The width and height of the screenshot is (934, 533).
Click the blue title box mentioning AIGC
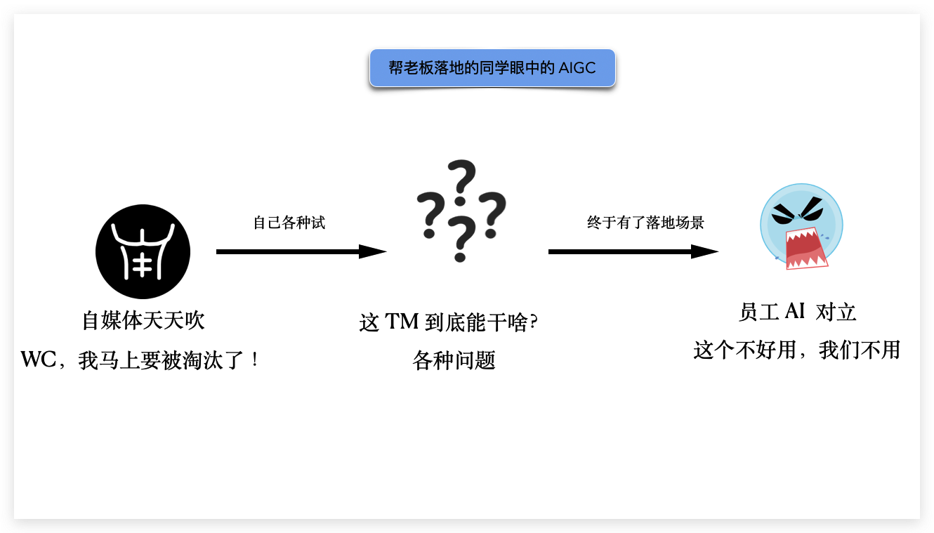[x=492, y=68]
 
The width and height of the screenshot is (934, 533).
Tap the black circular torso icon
[x=143, y=251]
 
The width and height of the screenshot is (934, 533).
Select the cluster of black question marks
[x=461, y=210]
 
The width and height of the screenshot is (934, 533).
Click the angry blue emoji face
[x=801, y=225]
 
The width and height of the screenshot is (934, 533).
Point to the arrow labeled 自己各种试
[x=301, y=251]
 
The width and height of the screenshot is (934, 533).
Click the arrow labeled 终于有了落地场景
[x=633, y=251]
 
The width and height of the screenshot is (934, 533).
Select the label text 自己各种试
[x=289, y=223]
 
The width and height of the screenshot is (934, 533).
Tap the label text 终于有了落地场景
[x=645, y=223]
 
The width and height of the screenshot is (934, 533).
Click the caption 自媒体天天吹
[x=143, y=321]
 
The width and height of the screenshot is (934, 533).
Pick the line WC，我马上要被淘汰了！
[x=141, y=361]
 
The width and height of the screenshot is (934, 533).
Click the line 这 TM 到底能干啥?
[x=448, y=322]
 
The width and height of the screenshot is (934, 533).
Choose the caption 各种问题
[x=454, y=361]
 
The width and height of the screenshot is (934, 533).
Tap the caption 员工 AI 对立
[x=798, y=312]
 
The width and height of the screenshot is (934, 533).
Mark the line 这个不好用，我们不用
[x=797, y=350]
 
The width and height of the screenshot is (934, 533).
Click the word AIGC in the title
[x=577, y=68]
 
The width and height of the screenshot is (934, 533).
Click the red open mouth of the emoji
[x=805, y=246]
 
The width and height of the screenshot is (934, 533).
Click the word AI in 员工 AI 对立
[x=794, y=312]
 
